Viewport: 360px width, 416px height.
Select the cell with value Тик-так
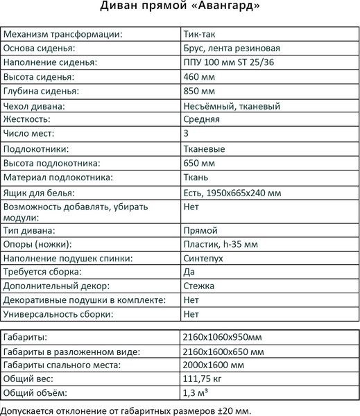click(x=200, y=34)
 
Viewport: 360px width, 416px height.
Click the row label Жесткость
click(x=28, y=119)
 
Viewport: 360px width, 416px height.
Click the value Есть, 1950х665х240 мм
click(x=235, y=193)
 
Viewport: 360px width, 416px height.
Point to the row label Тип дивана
click(x=30, y=230)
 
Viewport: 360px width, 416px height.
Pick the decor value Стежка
click(x=199, y=286)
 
